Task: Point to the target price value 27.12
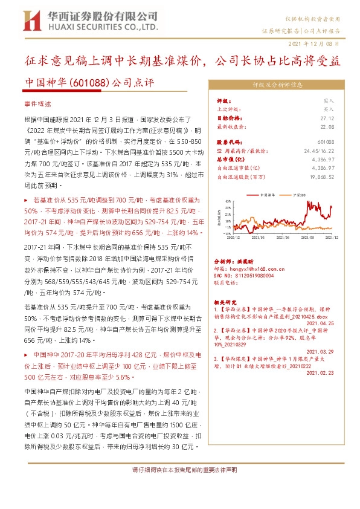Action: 327,118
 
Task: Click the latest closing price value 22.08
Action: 327,126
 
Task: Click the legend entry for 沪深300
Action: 300,195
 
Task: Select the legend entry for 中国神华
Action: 266,195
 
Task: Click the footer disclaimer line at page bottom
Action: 180,470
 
